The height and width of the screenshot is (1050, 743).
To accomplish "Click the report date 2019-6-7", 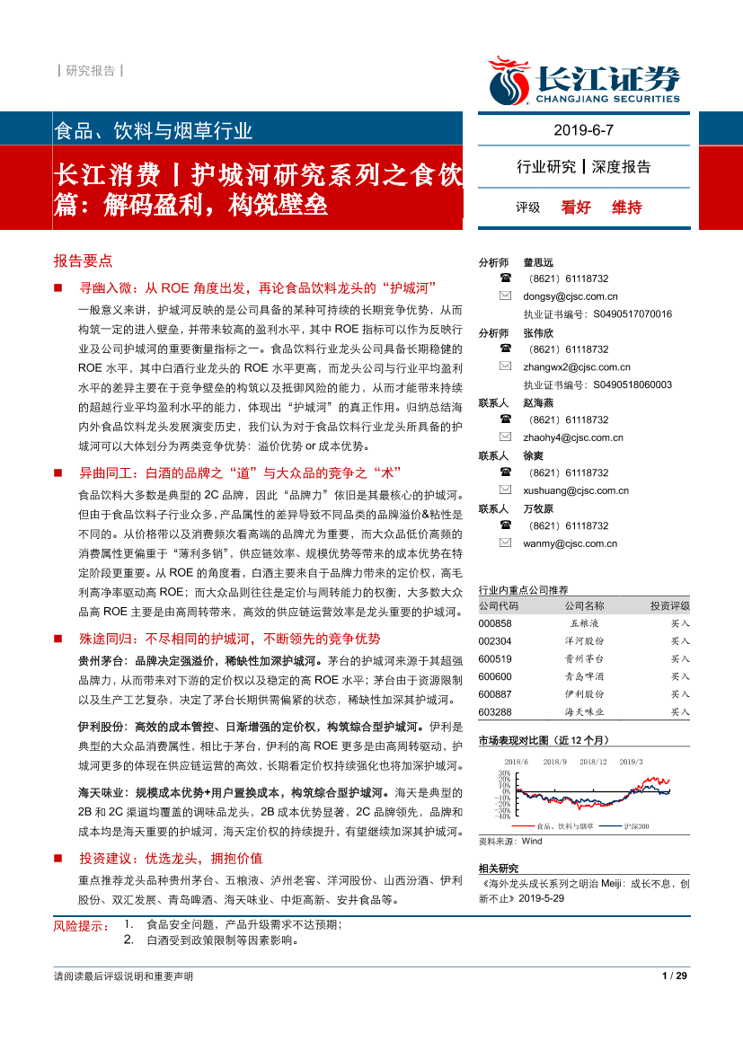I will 583,130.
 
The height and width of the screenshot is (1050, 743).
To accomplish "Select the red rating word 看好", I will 576,207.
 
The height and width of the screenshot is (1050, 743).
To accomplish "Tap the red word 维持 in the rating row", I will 627,207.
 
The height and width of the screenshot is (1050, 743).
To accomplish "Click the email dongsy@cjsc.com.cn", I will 571,296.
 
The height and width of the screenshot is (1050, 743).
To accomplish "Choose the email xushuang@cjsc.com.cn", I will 576,490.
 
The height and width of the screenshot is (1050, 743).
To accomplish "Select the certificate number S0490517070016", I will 632,314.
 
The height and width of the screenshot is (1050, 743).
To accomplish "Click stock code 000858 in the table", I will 495,622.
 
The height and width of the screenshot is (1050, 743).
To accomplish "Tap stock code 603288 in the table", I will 495,711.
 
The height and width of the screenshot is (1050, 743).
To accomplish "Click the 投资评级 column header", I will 669,605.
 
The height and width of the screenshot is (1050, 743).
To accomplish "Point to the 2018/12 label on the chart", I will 594,762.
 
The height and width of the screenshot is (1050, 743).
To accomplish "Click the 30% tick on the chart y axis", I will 504,772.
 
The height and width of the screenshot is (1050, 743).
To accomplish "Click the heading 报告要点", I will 83,261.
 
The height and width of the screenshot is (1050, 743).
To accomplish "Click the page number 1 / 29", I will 674,976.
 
